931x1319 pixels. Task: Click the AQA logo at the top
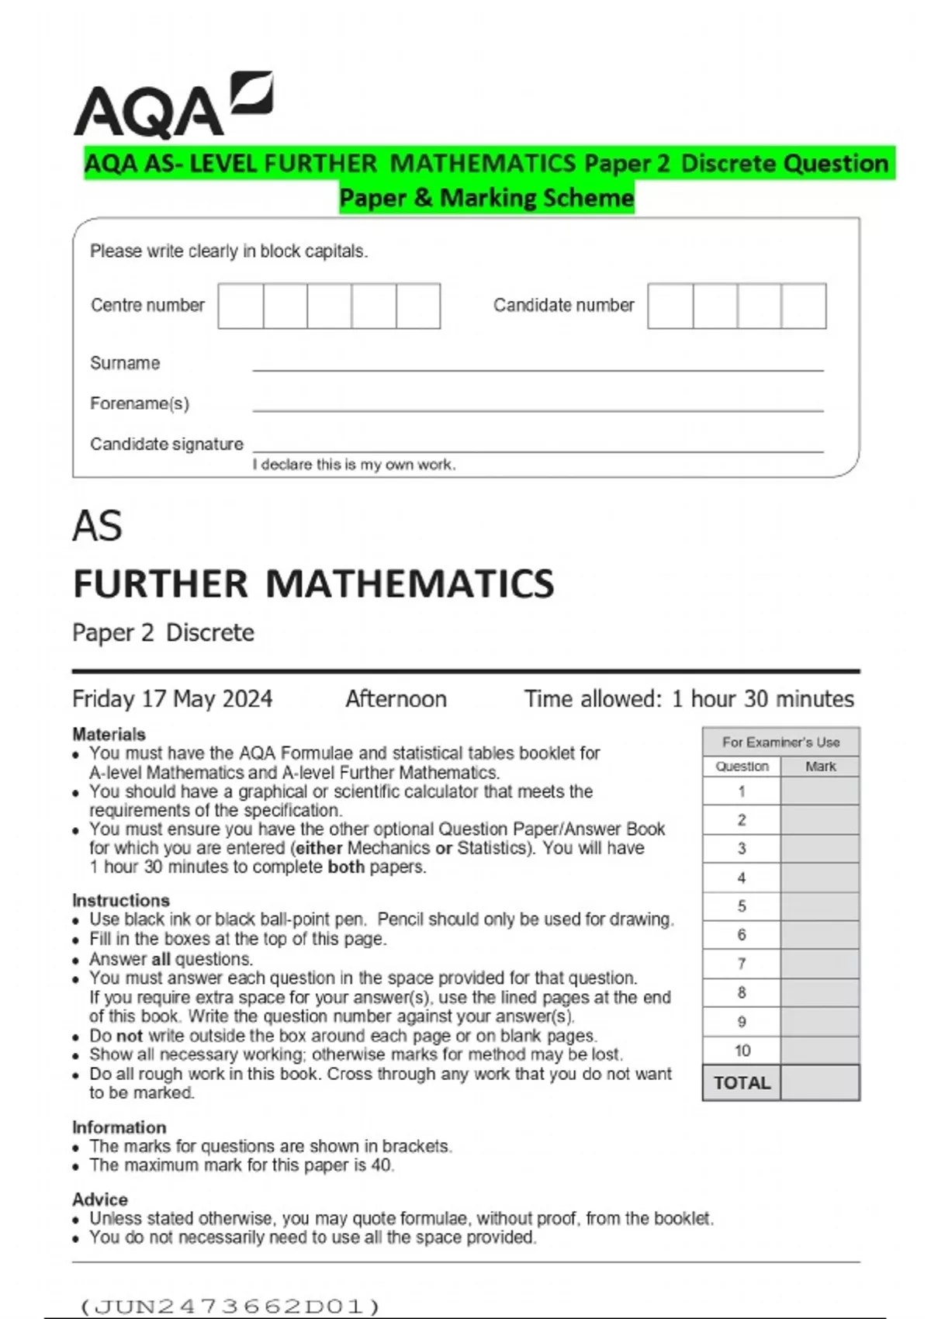point(172,106)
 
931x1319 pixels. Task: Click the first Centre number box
point(241,306)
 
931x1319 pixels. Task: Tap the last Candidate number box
point(804,306)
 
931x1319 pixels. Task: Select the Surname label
point(125,363)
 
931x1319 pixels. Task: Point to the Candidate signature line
point(537,445)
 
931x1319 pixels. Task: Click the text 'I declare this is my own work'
point(354,465)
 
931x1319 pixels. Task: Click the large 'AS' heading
point(98,526)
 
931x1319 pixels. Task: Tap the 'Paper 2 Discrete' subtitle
point(163,632)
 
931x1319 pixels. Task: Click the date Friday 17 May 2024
point(172,699)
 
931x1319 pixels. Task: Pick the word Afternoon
point(396,699)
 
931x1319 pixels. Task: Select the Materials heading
point(109,734)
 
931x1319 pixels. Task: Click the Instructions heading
point(120,900)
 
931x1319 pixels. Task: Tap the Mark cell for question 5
point(820,906)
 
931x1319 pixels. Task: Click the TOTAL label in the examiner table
point(742,1083)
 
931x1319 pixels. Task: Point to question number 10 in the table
point(742,1051)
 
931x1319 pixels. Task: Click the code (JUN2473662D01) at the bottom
point(230,1306)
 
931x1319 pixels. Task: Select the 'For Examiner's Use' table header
point(780,742)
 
